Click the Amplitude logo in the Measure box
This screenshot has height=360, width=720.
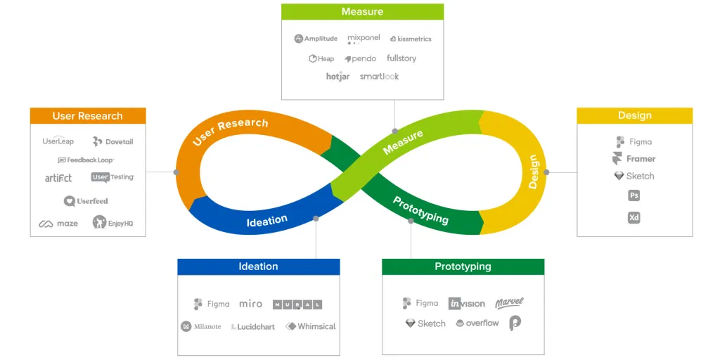click(316, 39)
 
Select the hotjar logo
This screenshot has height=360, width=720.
click(338, 77)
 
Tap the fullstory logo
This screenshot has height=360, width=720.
click(401, 58)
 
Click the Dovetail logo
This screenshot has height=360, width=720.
click(112, 141)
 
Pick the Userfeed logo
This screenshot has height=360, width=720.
click(86, 201)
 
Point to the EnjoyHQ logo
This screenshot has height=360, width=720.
click(112, 223)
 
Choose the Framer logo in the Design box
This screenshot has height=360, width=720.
click(634, 159)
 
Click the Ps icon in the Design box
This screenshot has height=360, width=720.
click(634, 195)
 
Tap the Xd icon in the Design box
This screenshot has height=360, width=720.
click(634, 218)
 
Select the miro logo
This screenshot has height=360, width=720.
click(251, 304)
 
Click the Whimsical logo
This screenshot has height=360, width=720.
click(310, 326)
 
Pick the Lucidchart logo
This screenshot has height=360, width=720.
click(253, 327)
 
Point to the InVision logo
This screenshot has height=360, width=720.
click(467, 304)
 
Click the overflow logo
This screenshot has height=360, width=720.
click(477, 323)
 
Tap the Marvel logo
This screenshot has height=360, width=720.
click(509, 303)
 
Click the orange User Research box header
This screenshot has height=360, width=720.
click(88, 116)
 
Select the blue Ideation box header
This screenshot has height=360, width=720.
click(259, 266)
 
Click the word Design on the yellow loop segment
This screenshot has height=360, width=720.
click(533, 172)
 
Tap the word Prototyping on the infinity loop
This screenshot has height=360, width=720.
click(420, 210)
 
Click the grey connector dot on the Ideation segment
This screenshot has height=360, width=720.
click(316, 219)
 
